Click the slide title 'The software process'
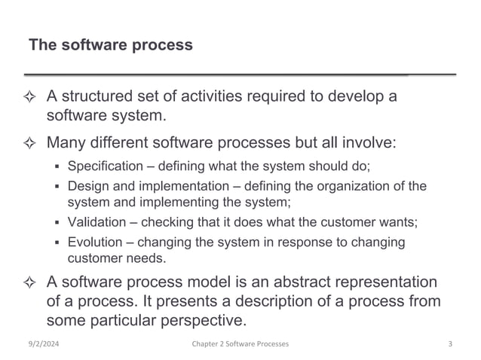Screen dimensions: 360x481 [110, 45]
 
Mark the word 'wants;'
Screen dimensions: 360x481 [397, 222]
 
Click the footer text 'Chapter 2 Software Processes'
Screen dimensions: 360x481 [240, 344]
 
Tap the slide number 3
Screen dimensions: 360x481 [449, 344]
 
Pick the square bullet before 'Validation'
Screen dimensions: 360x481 [58, 223]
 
